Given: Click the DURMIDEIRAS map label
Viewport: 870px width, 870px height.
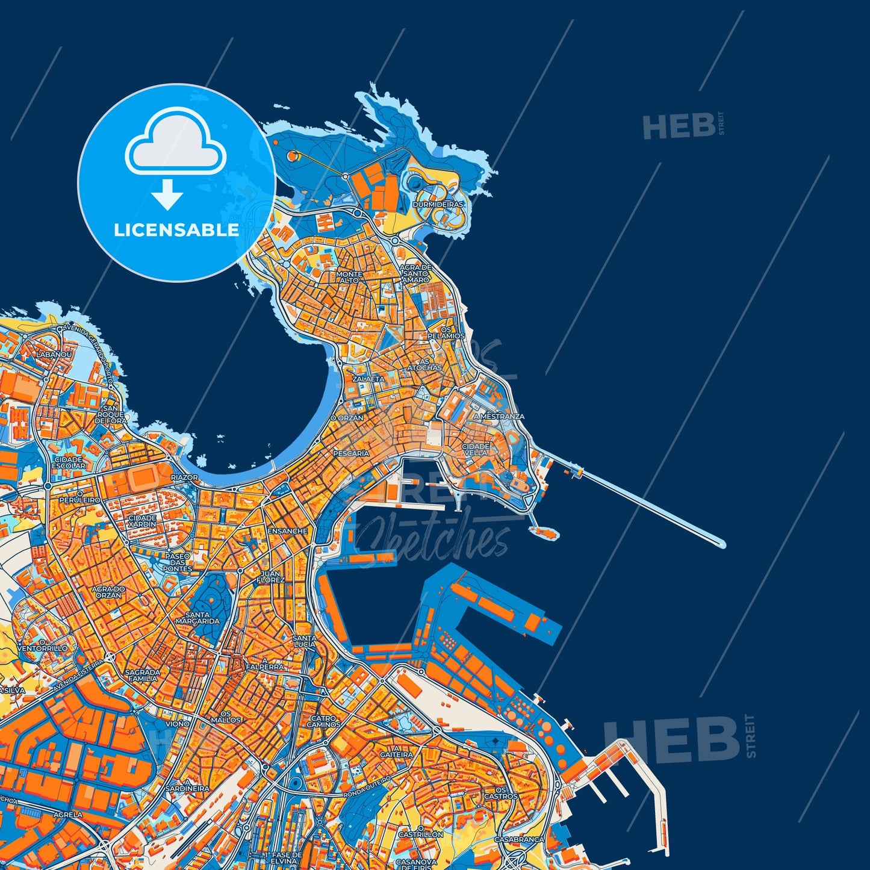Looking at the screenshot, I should tap(438, 205).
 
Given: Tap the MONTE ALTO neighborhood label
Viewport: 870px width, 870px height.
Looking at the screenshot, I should tap(349, 277).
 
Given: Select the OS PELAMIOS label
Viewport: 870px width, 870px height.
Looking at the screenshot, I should tap(446, 332).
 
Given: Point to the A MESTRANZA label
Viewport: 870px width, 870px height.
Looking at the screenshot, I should tap(499, 416).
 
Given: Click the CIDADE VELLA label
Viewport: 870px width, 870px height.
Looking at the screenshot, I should tap(476, 449).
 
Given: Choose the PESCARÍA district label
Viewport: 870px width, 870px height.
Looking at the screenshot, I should tap(351, 453).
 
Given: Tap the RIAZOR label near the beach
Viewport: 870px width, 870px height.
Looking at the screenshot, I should tap(184, 477).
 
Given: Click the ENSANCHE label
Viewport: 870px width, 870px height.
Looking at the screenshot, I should tap(288, 531).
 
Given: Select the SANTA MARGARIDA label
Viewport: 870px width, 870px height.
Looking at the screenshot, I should tap(197, 617).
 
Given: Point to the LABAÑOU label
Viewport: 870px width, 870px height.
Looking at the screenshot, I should tap(54, 355).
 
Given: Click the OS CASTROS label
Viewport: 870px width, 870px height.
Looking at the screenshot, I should tap(500, 792).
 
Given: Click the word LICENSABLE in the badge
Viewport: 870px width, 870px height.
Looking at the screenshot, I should tap(176, 229).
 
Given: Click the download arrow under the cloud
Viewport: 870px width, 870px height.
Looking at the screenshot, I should tap(167, 194).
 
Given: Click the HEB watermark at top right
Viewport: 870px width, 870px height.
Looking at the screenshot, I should tap(678, 126).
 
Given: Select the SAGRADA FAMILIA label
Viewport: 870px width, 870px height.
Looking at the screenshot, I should tap(142, 675).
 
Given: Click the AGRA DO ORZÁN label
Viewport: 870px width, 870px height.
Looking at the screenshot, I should tap(108, 591).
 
